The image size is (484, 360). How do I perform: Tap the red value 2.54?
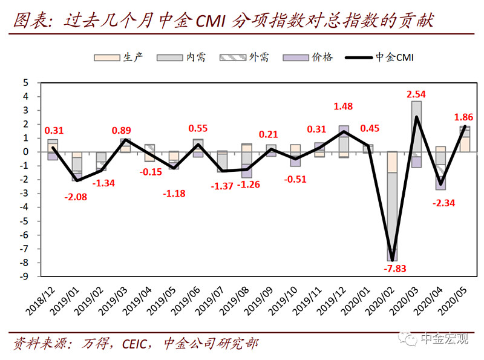click(418, 94)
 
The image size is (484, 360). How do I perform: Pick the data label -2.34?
click(442, 204)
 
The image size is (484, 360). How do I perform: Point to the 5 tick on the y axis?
click(26, 82)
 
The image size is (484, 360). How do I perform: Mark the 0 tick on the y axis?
click(26, 152)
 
